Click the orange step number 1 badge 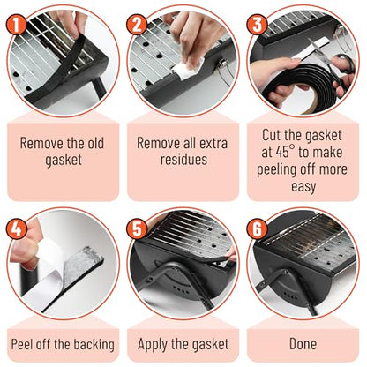(x=17, y=25)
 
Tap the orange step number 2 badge (x=137, y=25)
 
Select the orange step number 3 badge (x=257, y=25)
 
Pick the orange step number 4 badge (x=17, y=228)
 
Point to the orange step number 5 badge (x=137, y=228)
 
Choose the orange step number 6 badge (x=257, y=228)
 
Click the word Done (x=303, y=344)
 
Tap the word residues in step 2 (x=183, y=160)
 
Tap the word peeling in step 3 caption (x=276, y=170)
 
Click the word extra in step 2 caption (x=213, y=143)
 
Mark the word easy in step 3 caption (x=303, y=187)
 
